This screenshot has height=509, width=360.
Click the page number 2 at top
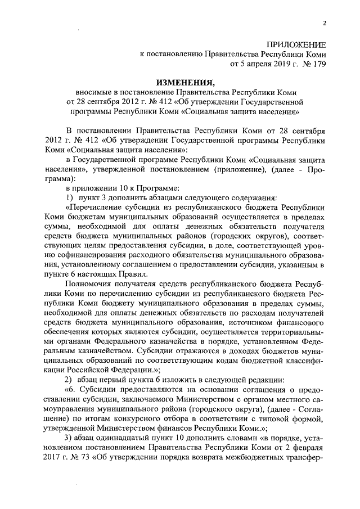[325, 24]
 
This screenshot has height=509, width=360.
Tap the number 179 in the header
[318, 65]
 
